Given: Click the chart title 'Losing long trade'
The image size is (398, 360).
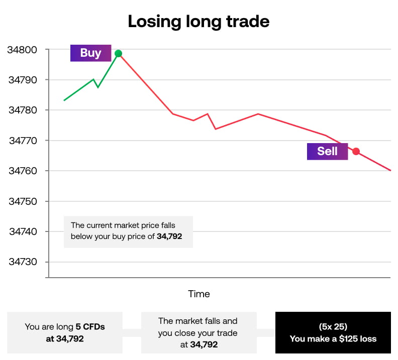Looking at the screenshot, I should [198, 22].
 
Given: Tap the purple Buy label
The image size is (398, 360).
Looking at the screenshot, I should [90, 53].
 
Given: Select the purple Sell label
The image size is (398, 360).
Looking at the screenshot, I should [327, 151].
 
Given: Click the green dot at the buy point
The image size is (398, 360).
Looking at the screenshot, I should [118, 54].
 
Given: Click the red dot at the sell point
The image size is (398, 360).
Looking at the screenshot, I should [356, 151].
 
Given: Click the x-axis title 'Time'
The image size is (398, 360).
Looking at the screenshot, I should [199, 294].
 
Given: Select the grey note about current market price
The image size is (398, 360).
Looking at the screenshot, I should [128, 231].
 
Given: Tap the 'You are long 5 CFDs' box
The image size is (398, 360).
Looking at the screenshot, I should [65, 332].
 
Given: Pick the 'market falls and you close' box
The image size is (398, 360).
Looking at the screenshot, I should [198, 332].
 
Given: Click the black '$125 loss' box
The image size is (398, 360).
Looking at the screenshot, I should [333, 332].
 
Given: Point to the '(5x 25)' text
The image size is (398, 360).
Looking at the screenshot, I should [333, 326].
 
